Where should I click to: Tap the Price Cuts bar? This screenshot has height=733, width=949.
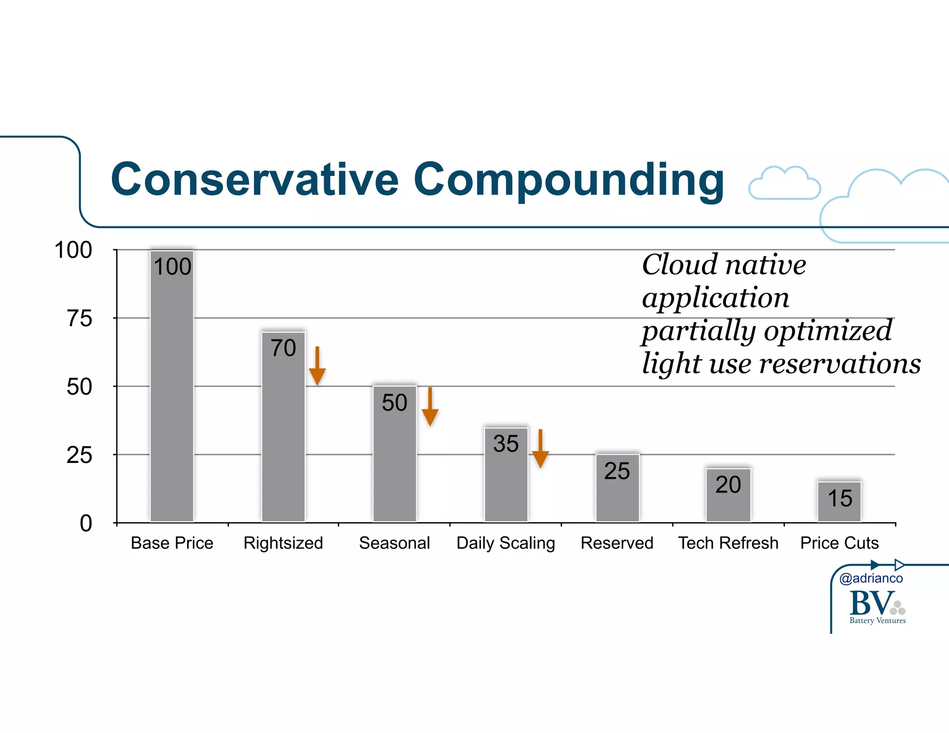[x=839, y=502]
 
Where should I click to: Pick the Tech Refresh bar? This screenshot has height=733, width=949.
[x=728, y=496]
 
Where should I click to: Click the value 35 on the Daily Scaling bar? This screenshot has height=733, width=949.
[x=506, y=444]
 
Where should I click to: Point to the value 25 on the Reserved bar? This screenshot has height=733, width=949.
[x=617, y=471]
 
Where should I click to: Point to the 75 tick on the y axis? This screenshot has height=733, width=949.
[x=79, y=319]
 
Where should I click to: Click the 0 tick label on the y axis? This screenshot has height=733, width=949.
[x=86, y=524]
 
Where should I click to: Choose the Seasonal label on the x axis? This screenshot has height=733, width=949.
[x=394, y=543]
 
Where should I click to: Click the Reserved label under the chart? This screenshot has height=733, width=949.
[x=617, y=543]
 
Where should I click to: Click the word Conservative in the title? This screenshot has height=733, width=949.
[x=254, y=180]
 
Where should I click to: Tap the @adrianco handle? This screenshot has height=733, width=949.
[x=871, y=578]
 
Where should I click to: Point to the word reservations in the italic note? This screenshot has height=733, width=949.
[x=840, y=364]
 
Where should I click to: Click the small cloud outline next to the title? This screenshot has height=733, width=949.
[x=784, y=183]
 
